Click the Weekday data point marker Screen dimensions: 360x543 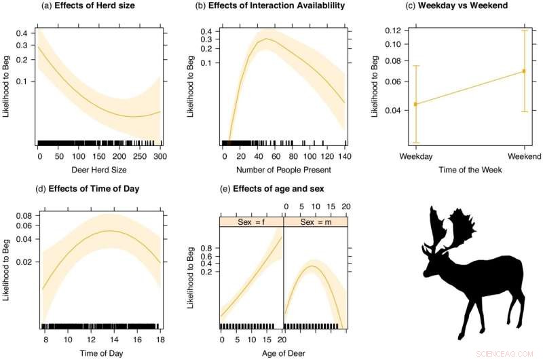(x=415, y=104)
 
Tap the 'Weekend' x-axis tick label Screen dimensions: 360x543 (x=524, y=158)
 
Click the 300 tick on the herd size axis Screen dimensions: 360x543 (x=160, y=156)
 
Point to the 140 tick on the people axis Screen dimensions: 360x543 (x=345, y=156)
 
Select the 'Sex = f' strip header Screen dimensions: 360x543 (x=251, y=222)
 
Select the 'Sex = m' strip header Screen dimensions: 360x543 (x=316, y=222)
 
